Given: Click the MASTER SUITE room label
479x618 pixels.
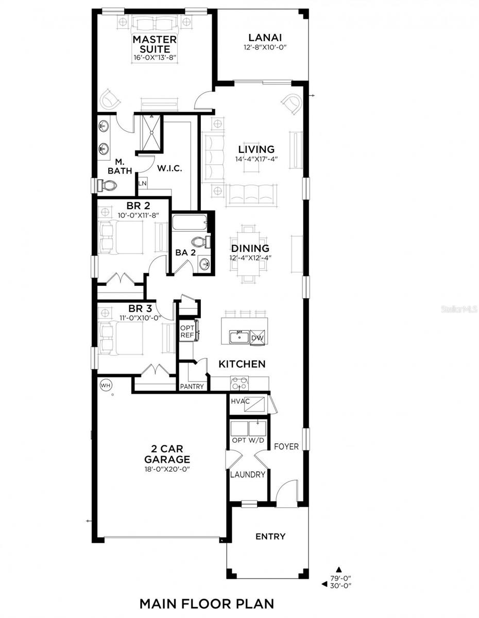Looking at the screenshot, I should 155,45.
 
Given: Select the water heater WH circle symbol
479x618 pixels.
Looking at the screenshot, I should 105,384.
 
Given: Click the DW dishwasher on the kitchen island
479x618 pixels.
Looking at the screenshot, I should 258,337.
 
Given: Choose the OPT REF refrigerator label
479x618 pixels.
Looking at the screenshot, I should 186,332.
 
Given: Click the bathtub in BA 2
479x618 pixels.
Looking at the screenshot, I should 189,223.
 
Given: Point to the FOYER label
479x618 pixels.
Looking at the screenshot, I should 286,447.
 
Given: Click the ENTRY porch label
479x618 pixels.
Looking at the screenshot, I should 270,537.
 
